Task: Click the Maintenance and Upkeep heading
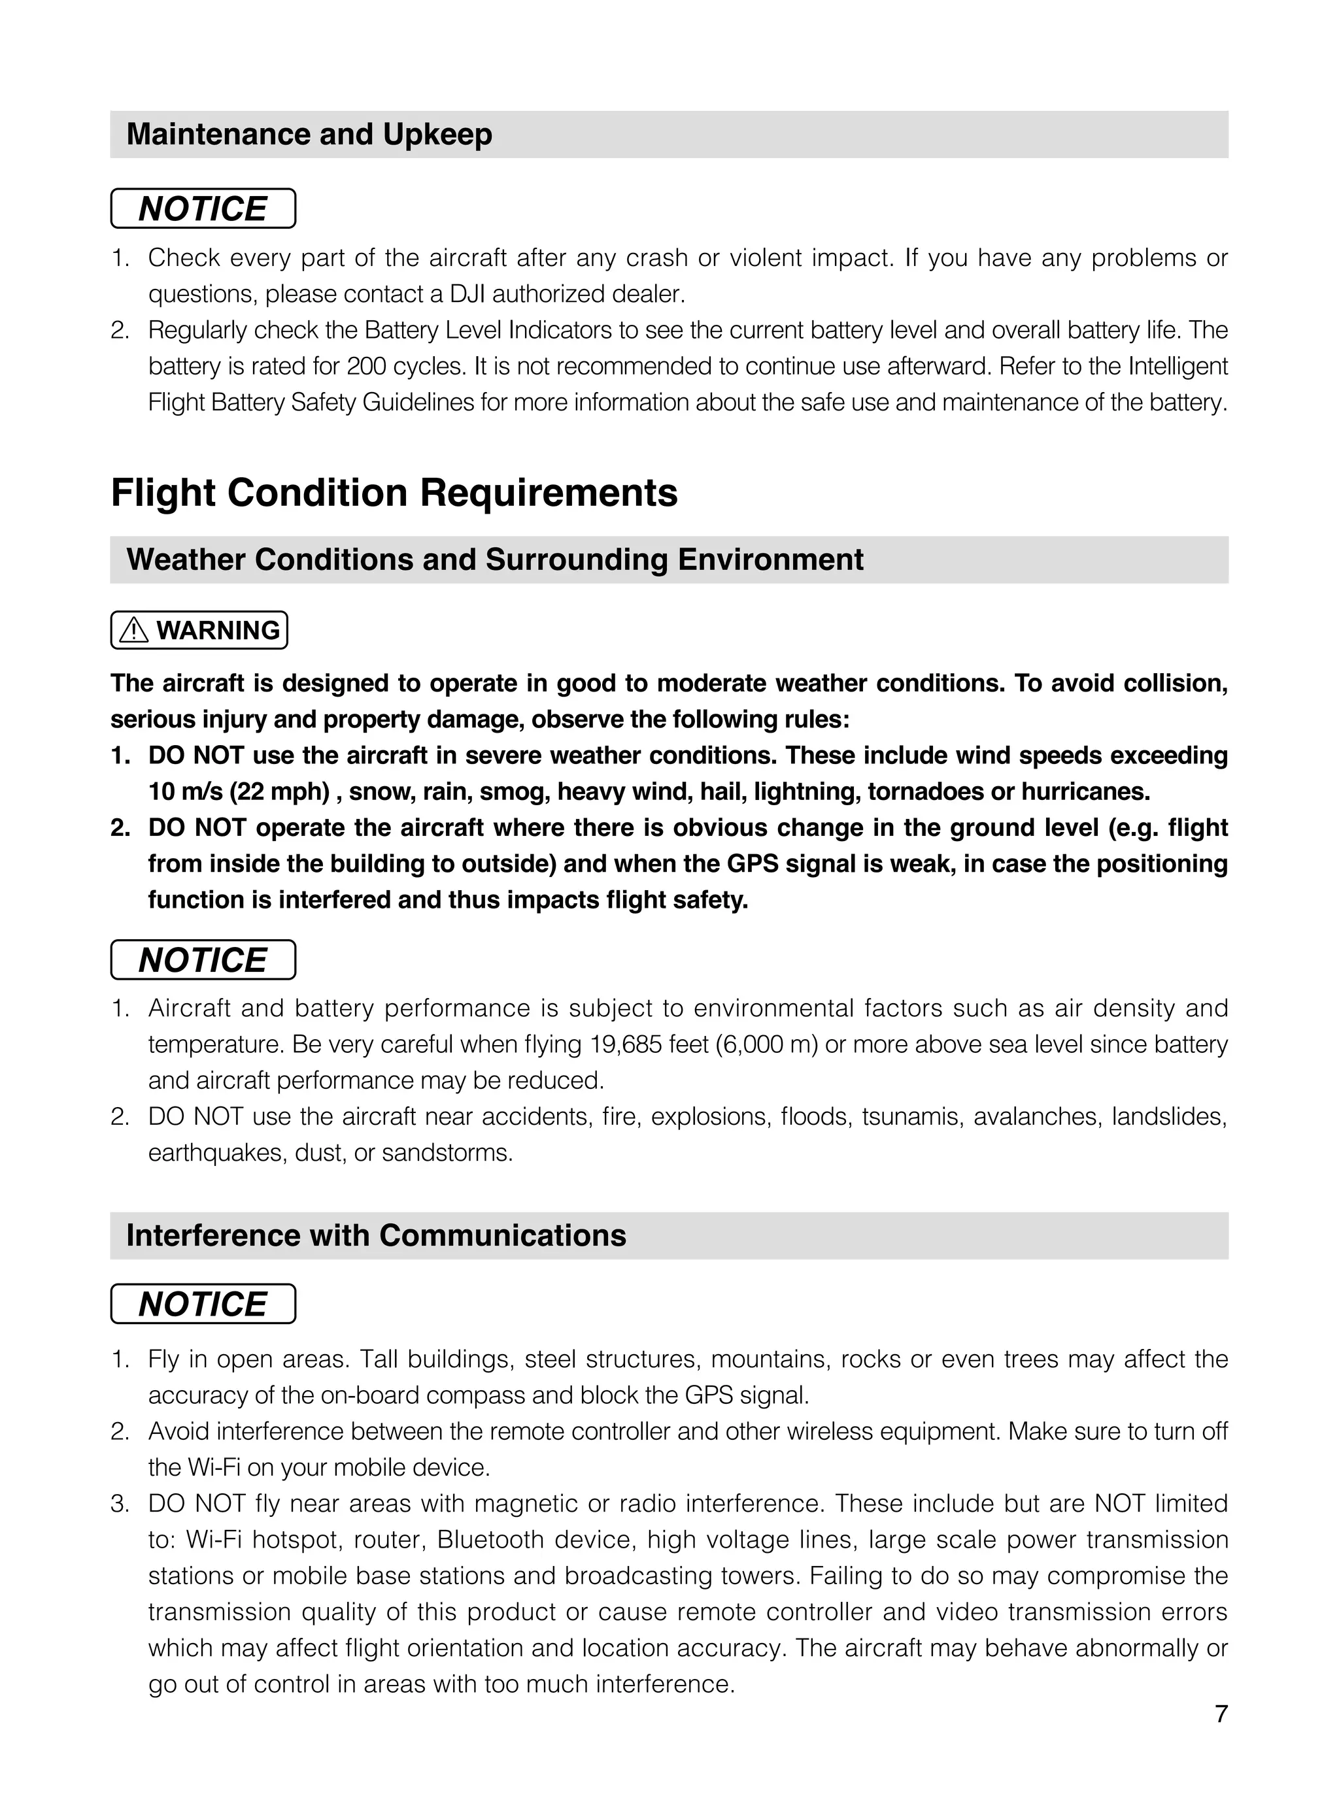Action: [x=309, y=135]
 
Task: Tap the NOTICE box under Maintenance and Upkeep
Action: [x=203, y=209]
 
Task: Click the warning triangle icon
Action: [x=134, y=631]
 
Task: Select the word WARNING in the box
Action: [x=218, y=631]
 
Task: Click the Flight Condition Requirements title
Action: [x=394, y=493]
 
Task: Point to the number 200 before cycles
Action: [x=366, y=366]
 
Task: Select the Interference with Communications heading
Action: [x=376, y=1236]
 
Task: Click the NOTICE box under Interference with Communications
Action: [x=203, y=1304]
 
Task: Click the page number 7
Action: [x=1221, y=1714]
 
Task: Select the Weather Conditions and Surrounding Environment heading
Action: [x=494, y=560]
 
